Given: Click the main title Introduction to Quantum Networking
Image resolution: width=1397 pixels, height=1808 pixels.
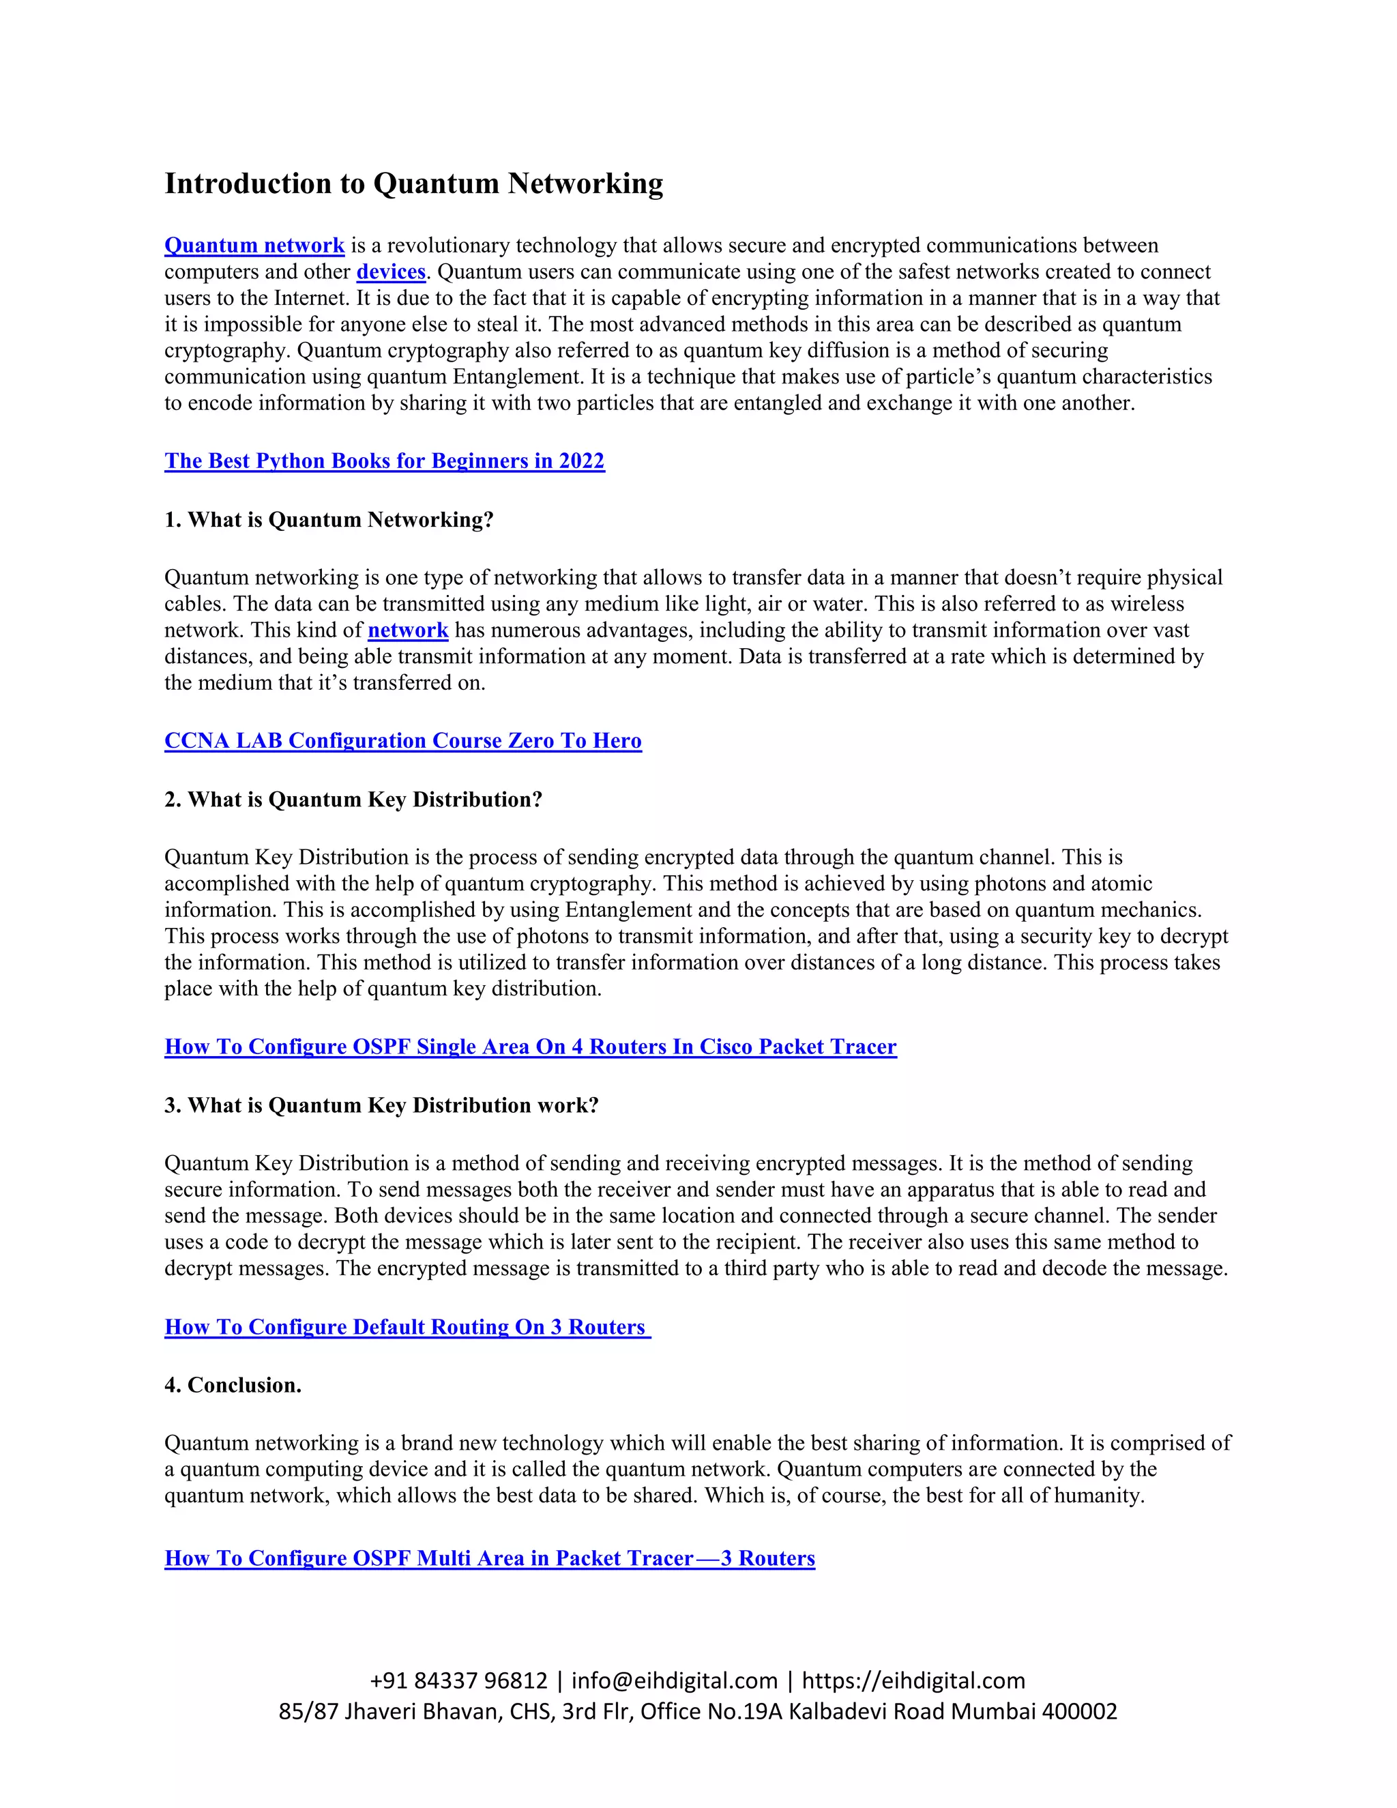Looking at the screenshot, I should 414,183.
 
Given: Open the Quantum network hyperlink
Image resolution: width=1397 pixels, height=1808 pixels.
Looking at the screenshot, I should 254,245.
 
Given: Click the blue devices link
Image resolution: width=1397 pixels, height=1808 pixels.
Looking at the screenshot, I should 391,272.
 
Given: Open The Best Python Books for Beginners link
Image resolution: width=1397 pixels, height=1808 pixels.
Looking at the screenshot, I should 384,461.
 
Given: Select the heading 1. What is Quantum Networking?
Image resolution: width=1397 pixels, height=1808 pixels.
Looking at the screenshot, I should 329,520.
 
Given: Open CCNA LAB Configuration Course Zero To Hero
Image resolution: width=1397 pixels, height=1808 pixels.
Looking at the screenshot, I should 403,741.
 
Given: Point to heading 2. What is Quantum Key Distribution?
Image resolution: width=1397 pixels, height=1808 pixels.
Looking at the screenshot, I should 353,800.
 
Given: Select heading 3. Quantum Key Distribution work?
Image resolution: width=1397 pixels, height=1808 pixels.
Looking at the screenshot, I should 381,1106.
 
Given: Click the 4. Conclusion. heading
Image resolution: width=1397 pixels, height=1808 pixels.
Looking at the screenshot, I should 233,1386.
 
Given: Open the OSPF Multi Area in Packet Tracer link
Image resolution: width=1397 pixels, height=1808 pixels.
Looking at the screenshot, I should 490,1559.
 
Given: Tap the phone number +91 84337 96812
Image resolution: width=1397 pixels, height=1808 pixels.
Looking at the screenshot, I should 458,1680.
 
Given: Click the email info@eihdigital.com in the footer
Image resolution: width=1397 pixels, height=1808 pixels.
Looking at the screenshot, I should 675,1680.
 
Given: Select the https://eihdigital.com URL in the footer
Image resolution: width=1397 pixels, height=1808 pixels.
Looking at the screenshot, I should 913,1680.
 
